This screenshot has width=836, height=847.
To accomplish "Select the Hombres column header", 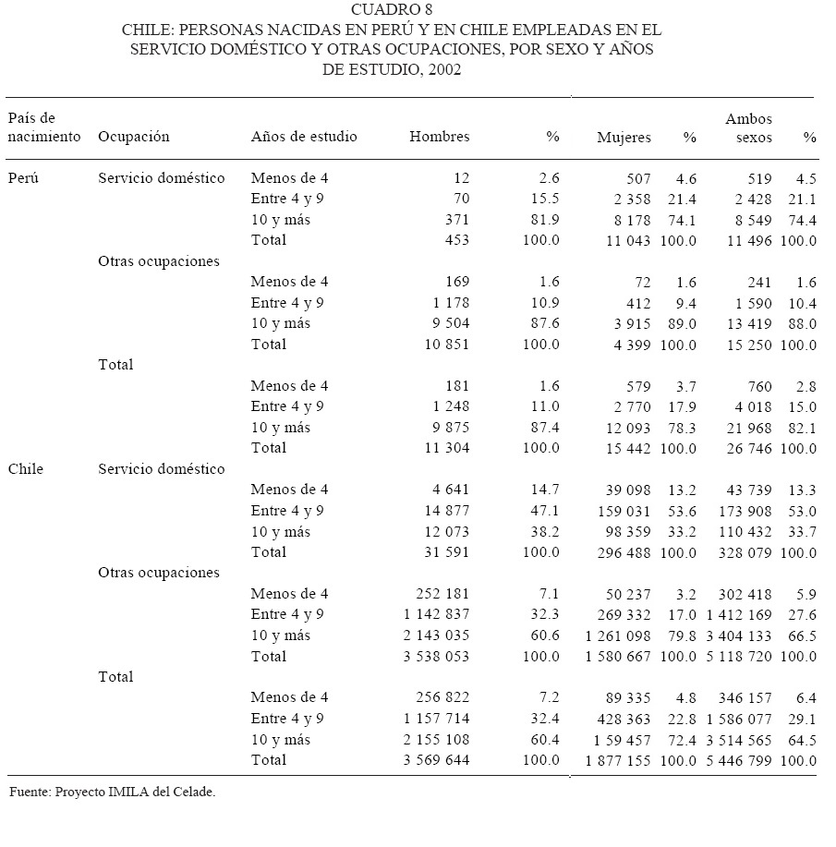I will tap(439, 137).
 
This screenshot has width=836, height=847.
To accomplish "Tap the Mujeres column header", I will tap(624, 138).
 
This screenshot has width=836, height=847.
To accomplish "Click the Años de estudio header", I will tap(304, 137).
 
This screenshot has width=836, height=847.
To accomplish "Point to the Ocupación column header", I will tap(134, 137).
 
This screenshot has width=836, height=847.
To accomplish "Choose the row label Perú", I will tap(23, 178).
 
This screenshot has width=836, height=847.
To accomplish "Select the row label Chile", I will tap(26, 469).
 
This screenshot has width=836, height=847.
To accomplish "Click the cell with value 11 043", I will tap(624, 240).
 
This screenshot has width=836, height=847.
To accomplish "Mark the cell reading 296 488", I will tap(621, 552).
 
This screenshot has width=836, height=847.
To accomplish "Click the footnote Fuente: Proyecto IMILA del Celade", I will tap(112, 792).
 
